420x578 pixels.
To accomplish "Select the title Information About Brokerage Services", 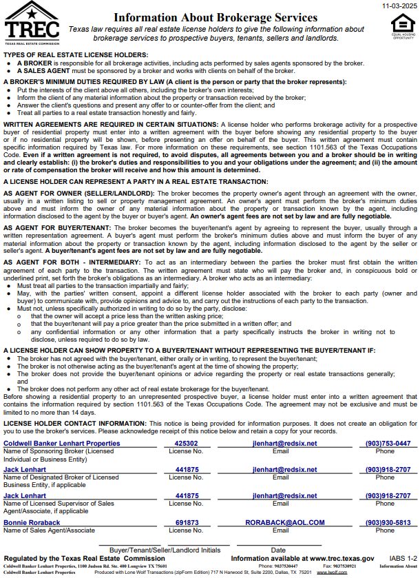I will tap(216, 18).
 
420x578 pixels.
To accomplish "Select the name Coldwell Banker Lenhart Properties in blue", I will tap(62, 444).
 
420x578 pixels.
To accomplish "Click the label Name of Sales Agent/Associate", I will tap(50, 530).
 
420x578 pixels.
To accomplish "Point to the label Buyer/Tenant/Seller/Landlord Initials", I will tap(165, 550).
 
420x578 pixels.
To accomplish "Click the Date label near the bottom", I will tap(278, 550).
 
